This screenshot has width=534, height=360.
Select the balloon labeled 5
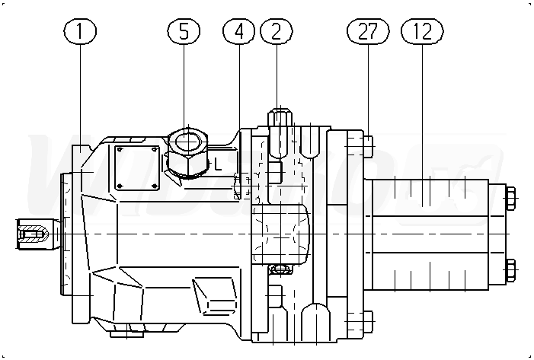183,31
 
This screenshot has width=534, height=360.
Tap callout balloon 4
239,31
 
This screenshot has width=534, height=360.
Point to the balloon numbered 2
276,31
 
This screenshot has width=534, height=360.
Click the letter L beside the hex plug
217,161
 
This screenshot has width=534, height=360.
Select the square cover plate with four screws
137,167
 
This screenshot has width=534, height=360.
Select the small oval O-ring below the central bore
280,268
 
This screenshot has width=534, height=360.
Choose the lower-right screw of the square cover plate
155,184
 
